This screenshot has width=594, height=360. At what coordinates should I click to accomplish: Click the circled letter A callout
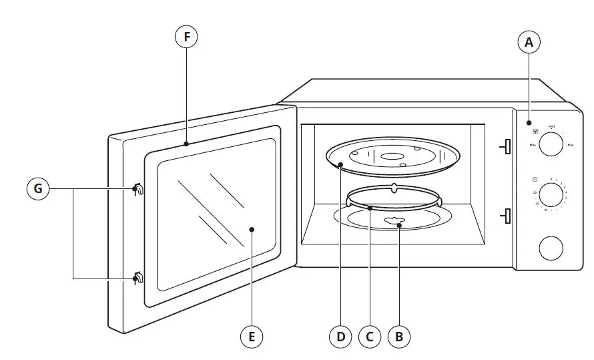click(x=529, y=43)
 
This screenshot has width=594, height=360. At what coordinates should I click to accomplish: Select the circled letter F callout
click(x=187, y=37)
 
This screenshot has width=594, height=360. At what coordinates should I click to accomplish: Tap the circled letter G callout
click(x=38, y=190)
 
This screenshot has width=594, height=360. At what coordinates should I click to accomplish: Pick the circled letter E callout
click(x=252, y=337)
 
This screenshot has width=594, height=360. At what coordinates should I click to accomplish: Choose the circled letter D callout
click(x=340, y=337)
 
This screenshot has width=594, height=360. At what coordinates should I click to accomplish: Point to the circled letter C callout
click(x=369, y=337)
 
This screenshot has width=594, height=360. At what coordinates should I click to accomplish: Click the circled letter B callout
click(x=399, y=337)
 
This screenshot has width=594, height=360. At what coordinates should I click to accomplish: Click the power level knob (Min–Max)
click(x=551, y=144)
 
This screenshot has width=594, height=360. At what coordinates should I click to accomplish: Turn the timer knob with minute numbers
click(x=551, y=196)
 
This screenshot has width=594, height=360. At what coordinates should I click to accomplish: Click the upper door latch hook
click(x=137, y=190)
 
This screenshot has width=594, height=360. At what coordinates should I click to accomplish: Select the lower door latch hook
click(x=137, y=277)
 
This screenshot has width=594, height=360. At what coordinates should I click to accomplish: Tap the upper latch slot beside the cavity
click(x=507, y=146)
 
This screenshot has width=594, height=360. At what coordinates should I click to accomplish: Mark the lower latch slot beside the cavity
click(x=507, y=216)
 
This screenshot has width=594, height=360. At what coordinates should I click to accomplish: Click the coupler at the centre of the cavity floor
click(x=390, y=221)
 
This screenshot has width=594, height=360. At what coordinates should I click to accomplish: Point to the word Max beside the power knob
click(x=572, y=145)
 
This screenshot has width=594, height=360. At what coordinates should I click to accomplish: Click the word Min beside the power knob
click(x=533, y=145)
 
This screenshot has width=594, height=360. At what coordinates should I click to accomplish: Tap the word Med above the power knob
click(x=551, y=126)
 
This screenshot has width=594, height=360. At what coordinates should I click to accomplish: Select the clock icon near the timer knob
click(x=535, y=180)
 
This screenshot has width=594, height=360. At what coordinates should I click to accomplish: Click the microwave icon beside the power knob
click(x=535, y=132)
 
